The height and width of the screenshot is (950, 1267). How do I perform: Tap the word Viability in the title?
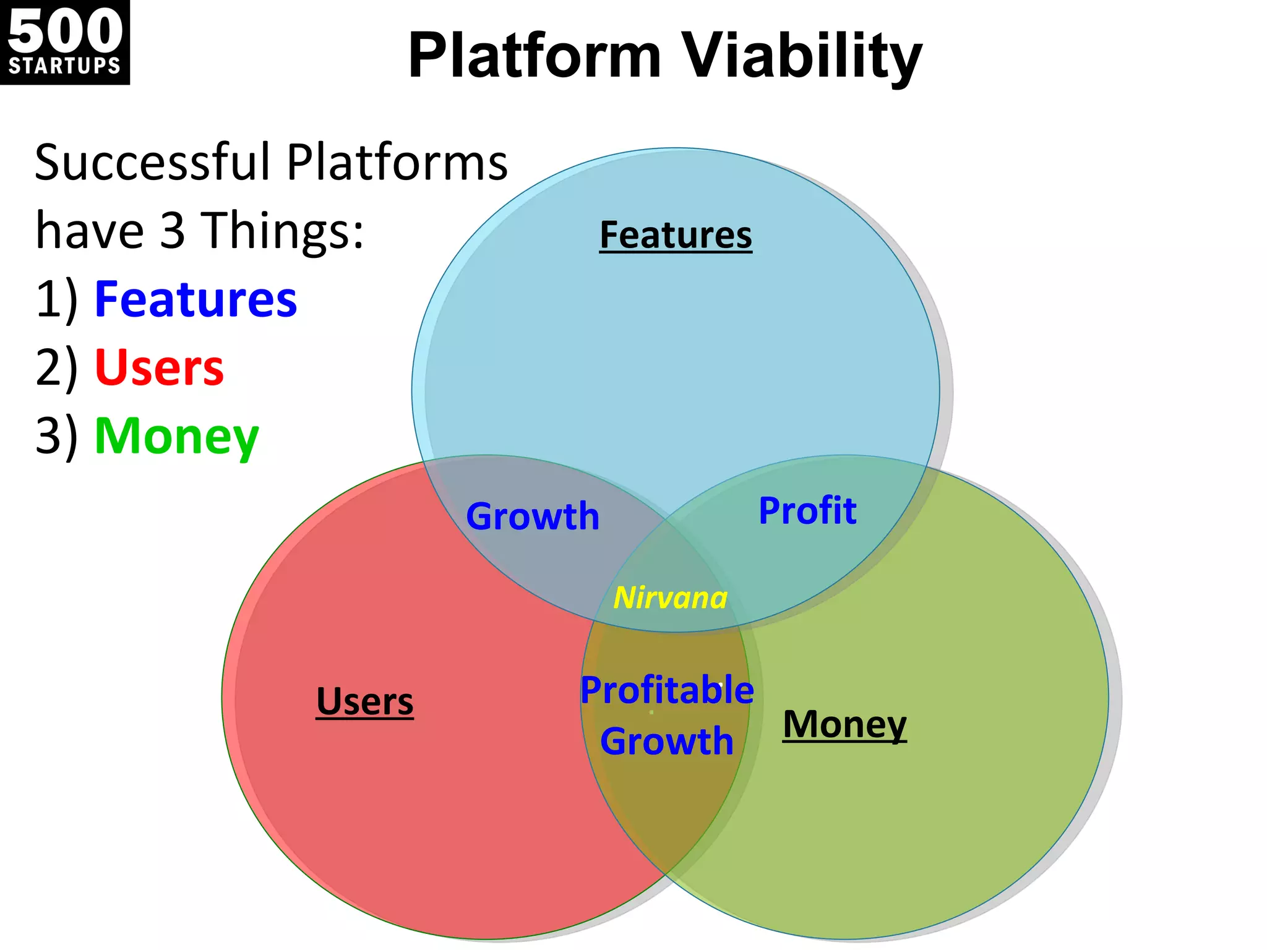(802, 57)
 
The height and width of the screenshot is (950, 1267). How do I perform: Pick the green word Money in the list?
(176, 437)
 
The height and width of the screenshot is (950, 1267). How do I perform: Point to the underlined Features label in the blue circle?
(676, 235)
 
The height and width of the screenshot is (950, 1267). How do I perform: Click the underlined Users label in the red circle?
(364, 701)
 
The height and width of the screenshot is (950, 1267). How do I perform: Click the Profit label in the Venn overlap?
(807, 510)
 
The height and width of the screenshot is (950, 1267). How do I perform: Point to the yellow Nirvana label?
(670, 597)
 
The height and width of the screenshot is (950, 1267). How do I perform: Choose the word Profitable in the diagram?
(667, 690)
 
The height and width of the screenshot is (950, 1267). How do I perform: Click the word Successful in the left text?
(152, 162)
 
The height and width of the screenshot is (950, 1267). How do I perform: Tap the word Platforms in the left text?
(397, 162)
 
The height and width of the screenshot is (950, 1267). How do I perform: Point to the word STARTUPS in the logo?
(64, 66)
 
